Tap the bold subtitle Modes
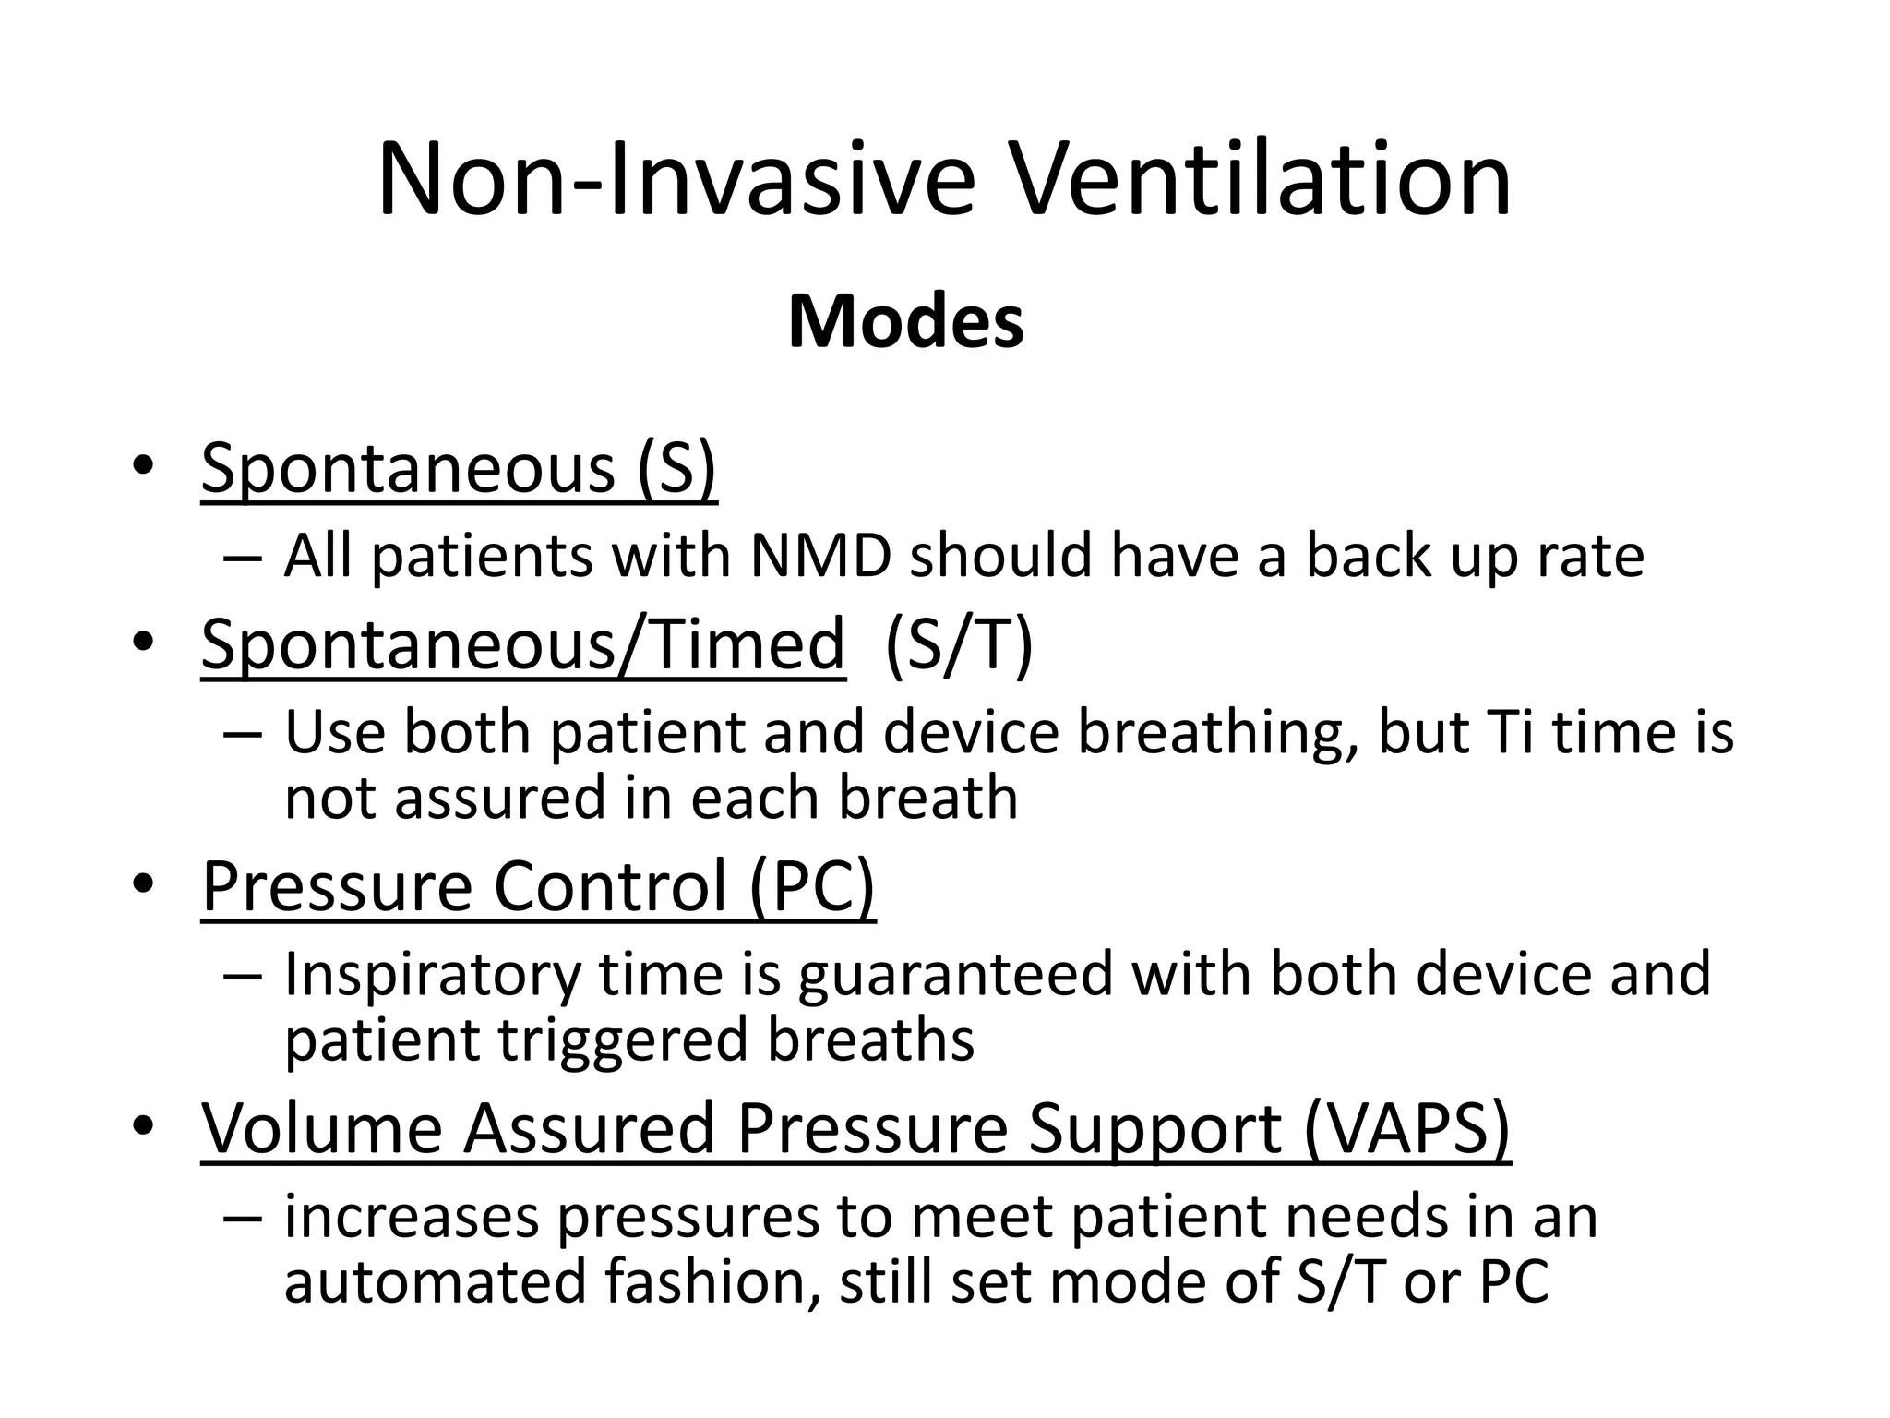905,322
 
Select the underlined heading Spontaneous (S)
459,469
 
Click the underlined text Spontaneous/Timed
522,644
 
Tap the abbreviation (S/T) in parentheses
958,644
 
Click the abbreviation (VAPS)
1406,1128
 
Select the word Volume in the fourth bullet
322,1128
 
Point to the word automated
435,1282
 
